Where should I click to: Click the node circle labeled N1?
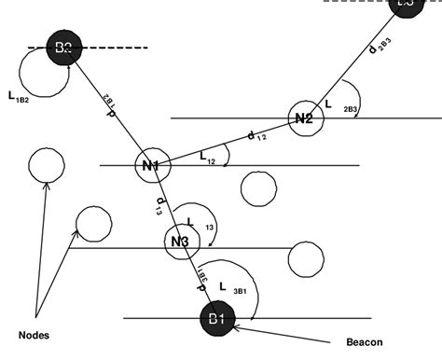151,166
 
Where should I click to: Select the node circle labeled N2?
303,118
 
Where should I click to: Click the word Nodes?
34,333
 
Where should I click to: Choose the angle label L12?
207,159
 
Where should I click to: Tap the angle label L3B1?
230,286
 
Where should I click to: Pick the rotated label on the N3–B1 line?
201,274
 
